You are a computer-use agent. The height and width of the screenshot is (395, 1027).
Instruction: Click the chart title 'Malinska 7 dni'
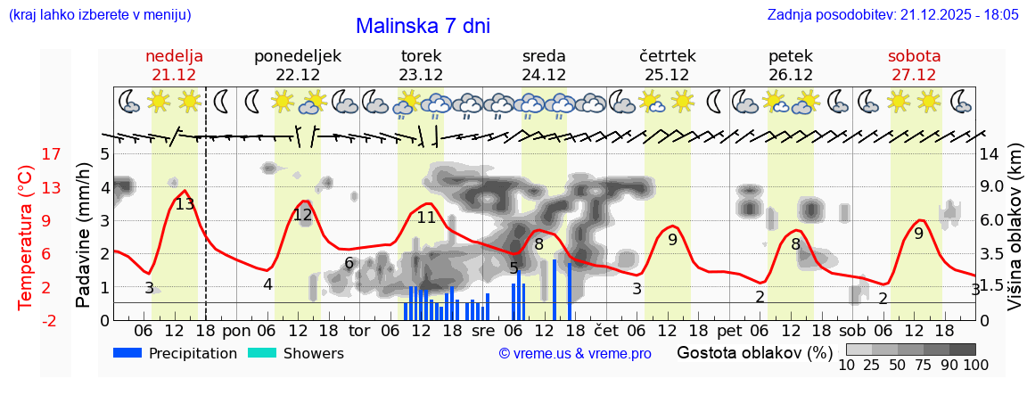423,26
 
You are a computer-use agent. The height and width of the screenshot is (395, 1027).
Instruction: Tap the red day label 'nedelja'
174,56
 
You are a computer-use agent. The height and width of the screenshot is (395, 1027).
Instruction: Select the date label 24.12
544,75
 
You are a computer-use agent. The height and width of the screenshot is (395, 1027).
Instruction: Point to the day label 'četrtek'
668,56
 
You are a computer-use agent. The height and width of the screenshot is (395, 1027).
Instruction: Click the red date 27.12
914,75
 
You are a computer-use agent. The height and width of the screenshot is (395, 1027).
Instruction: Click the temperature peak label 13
185,204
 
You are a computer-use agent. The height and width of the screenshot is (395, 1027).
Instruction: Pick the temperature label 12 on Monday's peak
303,215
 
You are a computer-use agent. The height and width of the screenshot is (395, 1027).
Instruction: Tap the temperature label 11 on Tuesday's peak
426,218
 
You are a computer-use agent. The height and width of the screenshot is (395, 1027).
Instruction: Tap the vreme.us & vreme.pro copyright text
574,353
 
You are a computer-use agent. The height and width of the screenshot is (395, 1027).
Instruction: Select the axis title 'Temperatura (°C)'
25,237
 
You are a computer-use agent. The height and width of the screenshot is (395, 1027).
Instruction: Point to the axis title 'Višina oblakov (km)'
1015,235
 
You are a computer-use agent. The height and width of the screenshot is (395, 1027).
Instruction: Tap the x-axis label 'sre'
482,330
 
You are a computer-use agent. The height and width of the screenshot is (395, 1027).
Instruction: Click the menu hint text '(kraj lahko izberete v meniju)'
99,15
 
